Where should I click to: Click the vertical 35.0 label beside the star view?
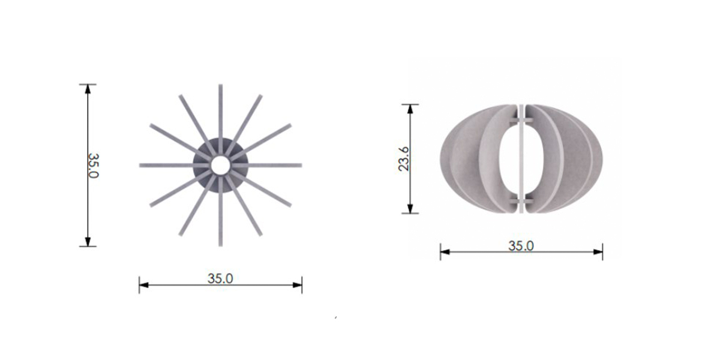[x=94, y=166]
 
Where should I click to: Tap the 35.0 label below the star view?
[x=220, y=278]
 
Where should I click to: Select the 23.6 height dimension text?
[x=404, y=159]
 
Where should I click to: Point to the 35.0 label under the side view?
[x=521, y=246]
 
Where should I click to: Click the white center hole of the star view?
[x=221, y=166]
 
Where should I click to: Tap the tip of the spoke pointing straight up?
[x=221, y=85]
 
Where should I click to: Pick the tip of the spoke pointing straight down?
[x=221, y=246]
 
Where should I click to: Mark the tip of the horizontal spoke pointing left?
[x=140, y=166]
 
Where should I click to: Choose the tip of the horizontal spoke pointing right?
[x=301, y=166]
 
